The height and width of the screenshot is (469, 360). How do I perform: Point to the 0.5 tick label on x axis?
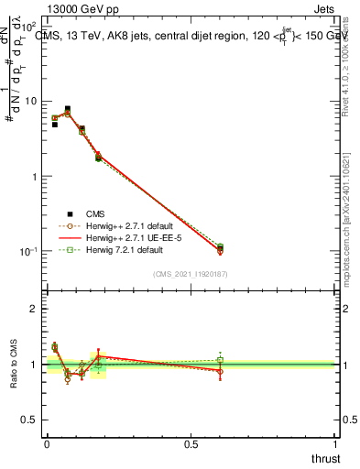[x=191, y=443]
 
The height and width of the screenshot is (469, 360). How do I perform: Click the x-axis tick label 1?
[x=336, y=443]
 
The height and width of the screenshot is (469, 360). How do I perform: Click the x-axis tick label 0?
[x=46, y=443]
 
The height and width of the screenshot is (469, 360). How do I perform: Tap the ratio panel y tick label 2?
[x=34, y=309]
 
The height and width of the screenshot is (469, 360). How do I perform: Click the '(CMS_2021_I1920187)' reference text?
[x=191, y=273]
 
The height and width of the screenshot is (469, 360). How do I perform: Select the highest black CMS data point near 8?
[x=67, y=109]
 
